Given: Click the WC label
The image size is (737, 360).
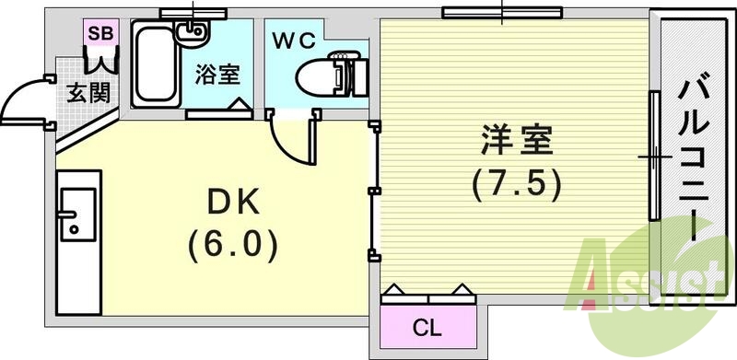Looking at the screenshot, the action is pyautogui.click(x=293, y=41).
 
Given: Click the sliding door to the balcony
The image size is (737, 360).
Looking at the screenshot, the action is pyautogui.click(x=653, y=157).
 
